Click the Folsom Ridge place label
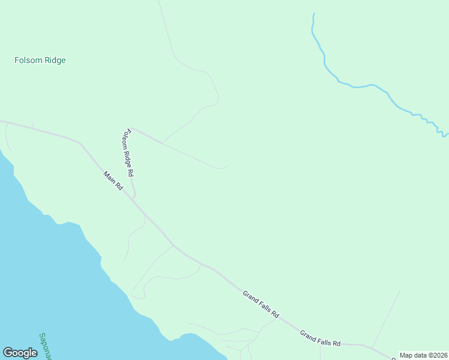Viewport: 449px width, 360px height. pos(40,60)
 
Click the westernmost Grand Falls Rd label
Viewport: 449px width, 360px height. pos(261,304)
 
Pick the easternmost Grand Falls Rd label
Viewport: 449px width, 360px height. pos(320,338)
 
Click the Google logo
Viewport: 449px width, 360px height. pos(20,353)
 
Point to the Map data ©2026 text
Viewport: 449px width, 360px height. pos(423,355)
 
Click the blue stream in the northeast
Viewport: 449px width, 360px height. pos(360,86)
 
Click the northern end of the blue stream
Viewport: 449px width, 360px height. pos(313,14)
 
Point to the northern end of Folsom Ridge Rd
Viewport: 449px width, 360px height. pos(133,128)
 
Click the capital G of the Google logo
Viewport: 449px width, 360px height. pos(8,353)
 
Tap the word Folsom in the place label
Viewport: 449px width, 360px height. pos(26,60)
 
